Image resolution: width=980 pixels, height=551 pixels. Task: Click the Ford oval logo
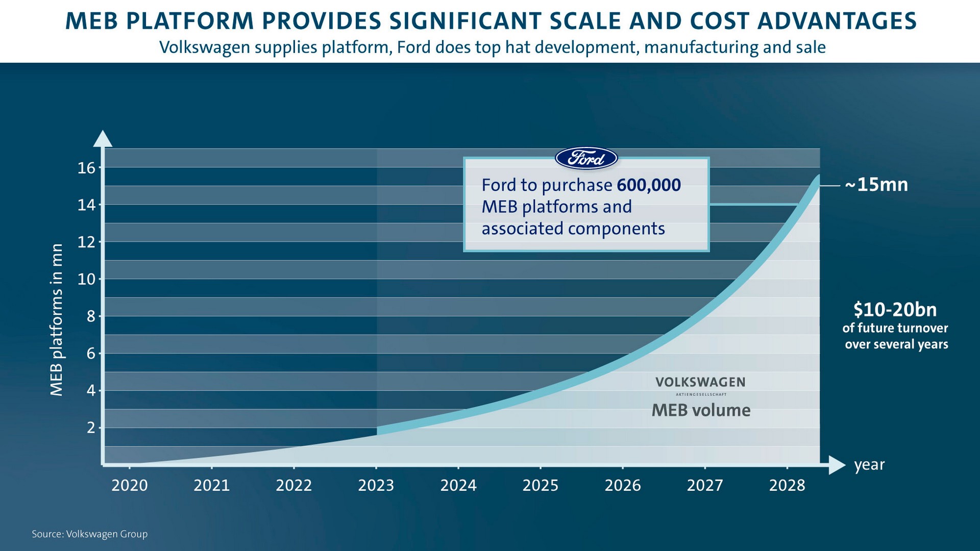pos(586,159)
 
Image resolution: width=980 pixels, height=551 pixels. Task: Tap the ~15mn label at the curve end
pos(876,185)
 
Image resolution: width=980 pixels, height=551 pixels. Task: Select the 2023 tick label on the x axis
pos(376,485)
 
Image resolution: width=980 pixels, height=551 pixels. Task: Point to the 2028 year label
pos(787,485)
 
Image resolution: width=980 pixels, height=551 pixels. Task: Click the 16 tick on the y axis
pos(87,168)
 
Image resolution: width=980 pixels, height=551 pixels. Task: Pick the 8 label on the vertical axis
pos(91,316)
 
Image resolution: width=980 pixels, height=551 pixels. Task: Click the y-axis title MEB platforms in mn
pos(57,320)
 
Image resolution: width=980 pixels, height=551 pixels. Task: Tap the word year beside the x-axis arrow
pos(869,465)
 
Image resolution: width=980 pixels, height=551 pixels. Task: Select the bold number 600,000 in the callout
pos(648,185)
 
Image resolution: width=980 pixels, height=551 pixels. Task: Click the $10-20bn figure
pos(895,310)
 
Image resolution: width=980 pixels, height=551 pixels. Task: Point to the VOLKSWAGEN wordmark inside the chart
pos(700,382)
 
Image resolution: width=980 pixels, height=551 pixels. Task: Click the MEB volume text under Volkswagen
pos(701,410)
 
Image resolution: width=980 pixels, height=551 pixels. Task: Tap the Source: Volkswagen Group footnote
pos(90,534)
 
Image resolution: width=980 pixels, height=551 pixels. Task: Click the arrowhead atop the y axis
pos(103,138)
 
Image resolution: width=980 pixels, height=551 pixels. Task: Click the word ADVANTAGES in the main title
pos(837,21)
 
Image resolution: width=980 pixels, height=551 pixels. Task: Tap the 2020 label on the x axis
pos(130,485)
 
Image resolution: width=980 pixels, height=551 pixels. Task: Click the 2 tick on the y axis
pos(91,428)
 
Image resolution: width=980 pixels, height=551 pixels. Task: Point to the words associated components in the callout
pos(573,229)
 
